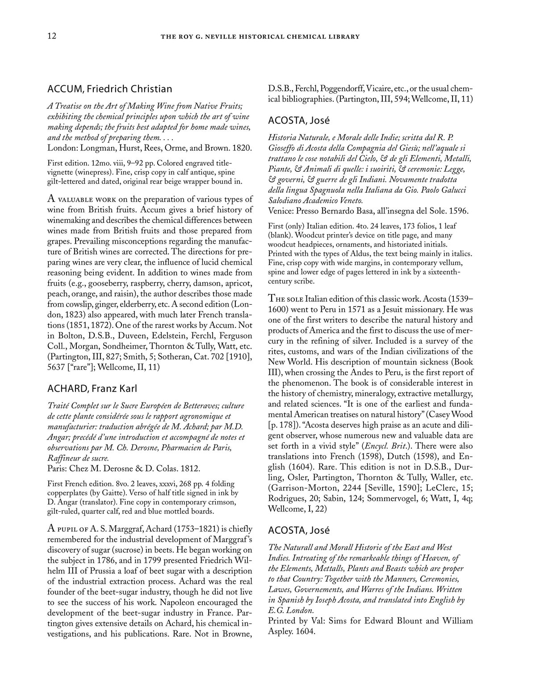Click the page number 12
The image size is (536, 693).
52,36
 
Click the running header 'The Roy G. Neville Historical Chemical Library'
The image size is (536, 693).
260,37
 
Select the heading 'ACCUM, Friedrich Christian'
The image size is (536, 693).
109,89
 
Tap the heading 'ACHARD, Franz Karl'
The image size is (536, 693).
92,388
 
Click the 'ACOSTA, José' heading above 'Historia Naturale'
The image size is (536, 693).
298,120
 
